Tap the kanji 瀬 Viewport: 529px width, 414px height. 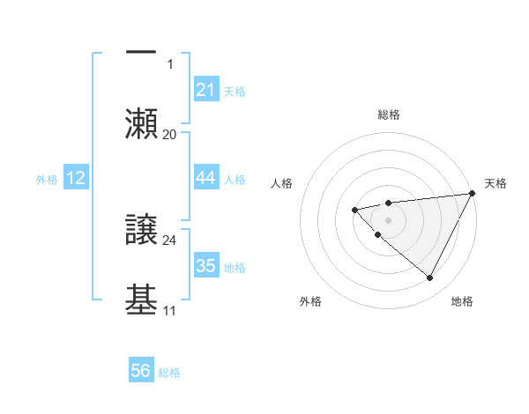(x=141, y=123)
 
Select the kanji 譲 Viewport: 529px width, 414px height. (x=141, y=231)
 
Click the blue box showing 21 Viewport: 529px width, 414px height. (x=206, y=90)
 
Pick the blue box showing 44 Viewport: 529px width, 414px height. (x=206, y=178)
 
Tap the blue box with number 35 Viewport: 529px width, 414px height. (x=206, y=266)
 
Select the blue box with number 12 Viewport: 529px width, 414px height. (x=76, y=178)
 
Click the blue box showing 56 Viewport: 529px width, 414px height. (x=141, y=371)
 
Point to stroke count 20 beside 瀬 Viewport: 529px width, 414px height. (x=170, y=134)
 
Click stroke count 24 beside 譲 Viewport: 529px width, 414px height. (x=170, y=240)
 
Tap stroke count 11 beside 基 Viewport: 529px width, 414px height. (x=170, y=310)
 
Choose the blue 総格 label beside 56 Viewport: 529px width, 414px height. (x=169, y=372)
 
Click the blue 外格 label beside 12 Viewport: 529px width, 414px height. (x=47, y=179)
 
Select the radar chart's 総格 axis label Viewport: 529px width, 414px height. (x=388, y=115)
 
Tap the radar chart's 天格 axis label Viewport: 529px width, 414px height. (x=495, y=183)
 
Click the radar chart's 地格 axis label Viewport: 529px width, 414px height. (x=462, y=301)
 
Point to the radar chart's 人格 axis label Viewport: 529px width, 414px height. (x=282, y=183)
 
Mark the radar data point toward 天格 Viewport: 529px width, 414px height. (x=473, y=194)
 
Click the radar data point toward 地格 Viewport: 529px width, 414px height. (x=430, y=278)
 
